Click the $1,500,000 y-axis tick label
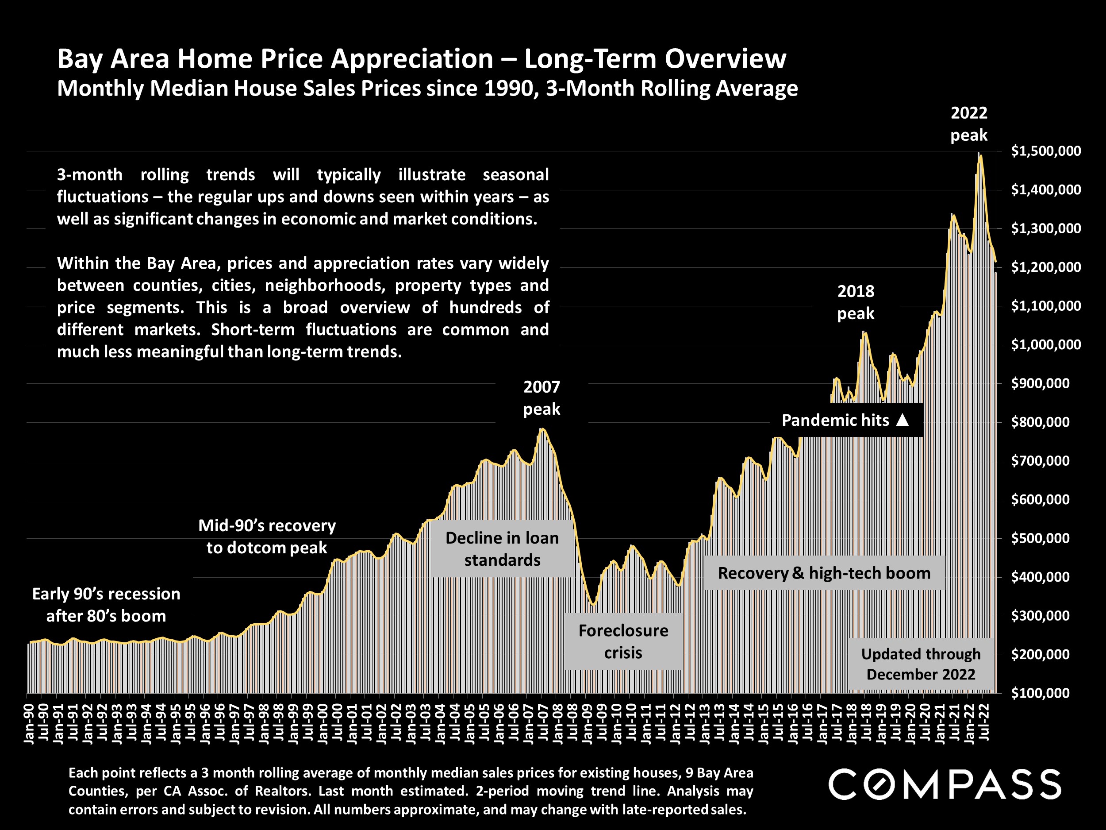point(1045,151)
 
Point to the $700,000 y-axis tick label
point(1040,461)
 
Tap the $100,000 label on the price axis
point(1040,693)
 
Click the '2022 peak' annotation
point(968,124)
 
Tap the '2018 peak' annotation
point(856,302)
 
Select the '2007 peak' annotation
point(541,398)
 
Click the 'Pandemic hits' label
point(835,420)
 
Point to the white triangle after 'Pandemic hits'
point(902,420)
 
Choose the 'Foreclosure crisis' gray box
point(623,641)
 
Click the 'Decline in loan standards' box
point(502,549)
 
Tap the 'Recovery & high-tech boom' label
point(824,573)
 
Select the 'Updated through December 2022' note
point(921,664)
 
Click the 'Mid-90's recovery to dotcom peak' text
point(267,537)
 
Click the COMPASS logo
point(945,784)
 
